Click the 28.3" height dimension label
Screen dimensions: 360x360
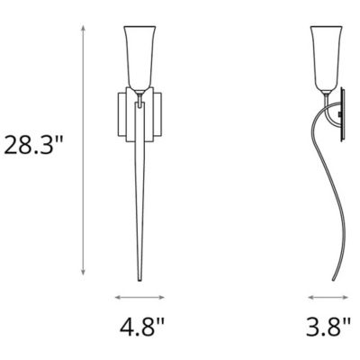[x=33, y=145]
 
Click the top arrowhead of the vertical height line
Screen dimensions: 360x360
[x=84, y=29]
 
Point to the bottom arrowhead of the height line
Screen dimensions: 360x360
[x=84, y=272]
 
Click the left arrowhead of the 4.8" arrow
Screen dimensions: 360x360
[x=118, y=297]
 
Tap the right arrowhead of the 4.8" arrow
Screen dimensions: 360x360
[x=161, y=297]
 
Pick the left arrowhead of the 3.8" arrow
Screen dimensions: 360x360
[x=311, y=297]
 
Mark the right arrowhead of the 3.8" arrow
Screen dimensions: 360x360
[x=345, y=297]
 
